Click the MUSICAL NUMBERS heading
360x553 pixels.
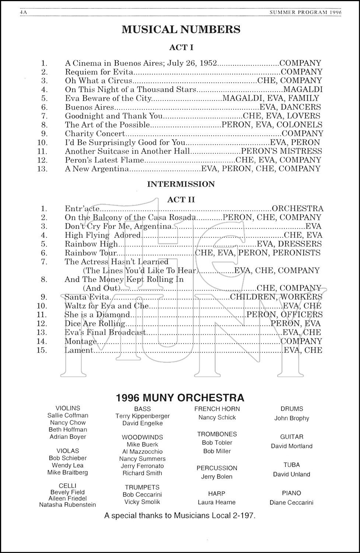coord(181,29)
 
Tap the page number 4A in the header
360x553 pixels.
coord(24,12)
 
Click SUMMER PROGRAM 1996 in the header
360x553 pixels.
coord(306,12)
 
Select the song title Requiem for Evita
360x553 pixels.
coord(99,72)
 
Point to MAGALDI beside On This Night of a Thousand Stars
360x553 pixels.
coord(303,90)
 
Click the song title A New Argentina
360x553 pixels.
coord(97,169)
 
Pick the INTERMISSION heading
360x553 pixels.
coord(181,184)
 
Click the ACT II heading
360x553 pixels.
coord(181,200)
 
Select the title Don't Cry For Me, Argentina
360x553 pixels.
coord(118,226)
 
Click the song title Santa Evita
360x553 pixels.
coord(87,297)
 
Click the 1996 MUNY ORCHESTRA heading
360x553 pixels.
coord(180,398)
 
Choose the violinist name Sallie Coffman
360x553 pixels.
coord(68,415)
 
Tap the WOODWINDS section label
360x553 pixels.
coord(142,437)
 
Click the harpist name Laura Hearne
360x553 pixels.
coord(217,502)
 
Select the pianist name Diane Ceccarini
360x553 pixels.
coord(291,502)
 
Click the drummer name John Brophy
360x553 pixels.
coord(291,418)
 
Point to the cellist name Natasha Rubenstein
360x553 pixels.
coord(67,505)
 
